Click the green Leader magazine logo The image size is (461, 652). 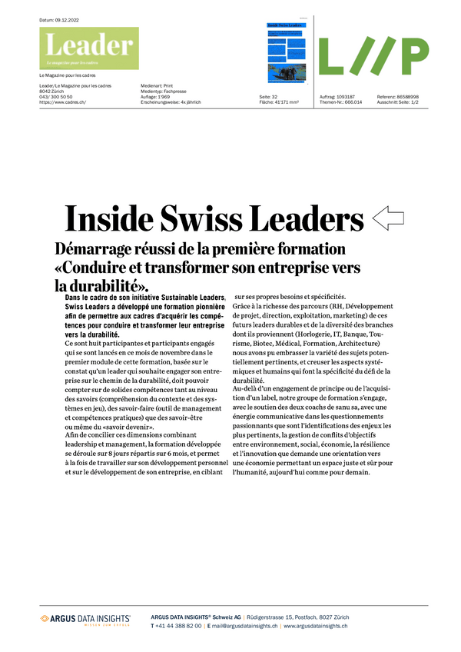89,48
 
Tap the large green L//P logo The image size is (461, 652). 373,56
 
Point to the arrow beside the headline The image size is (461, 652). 389,218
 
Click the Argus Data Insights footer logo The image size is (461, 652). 85,619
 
